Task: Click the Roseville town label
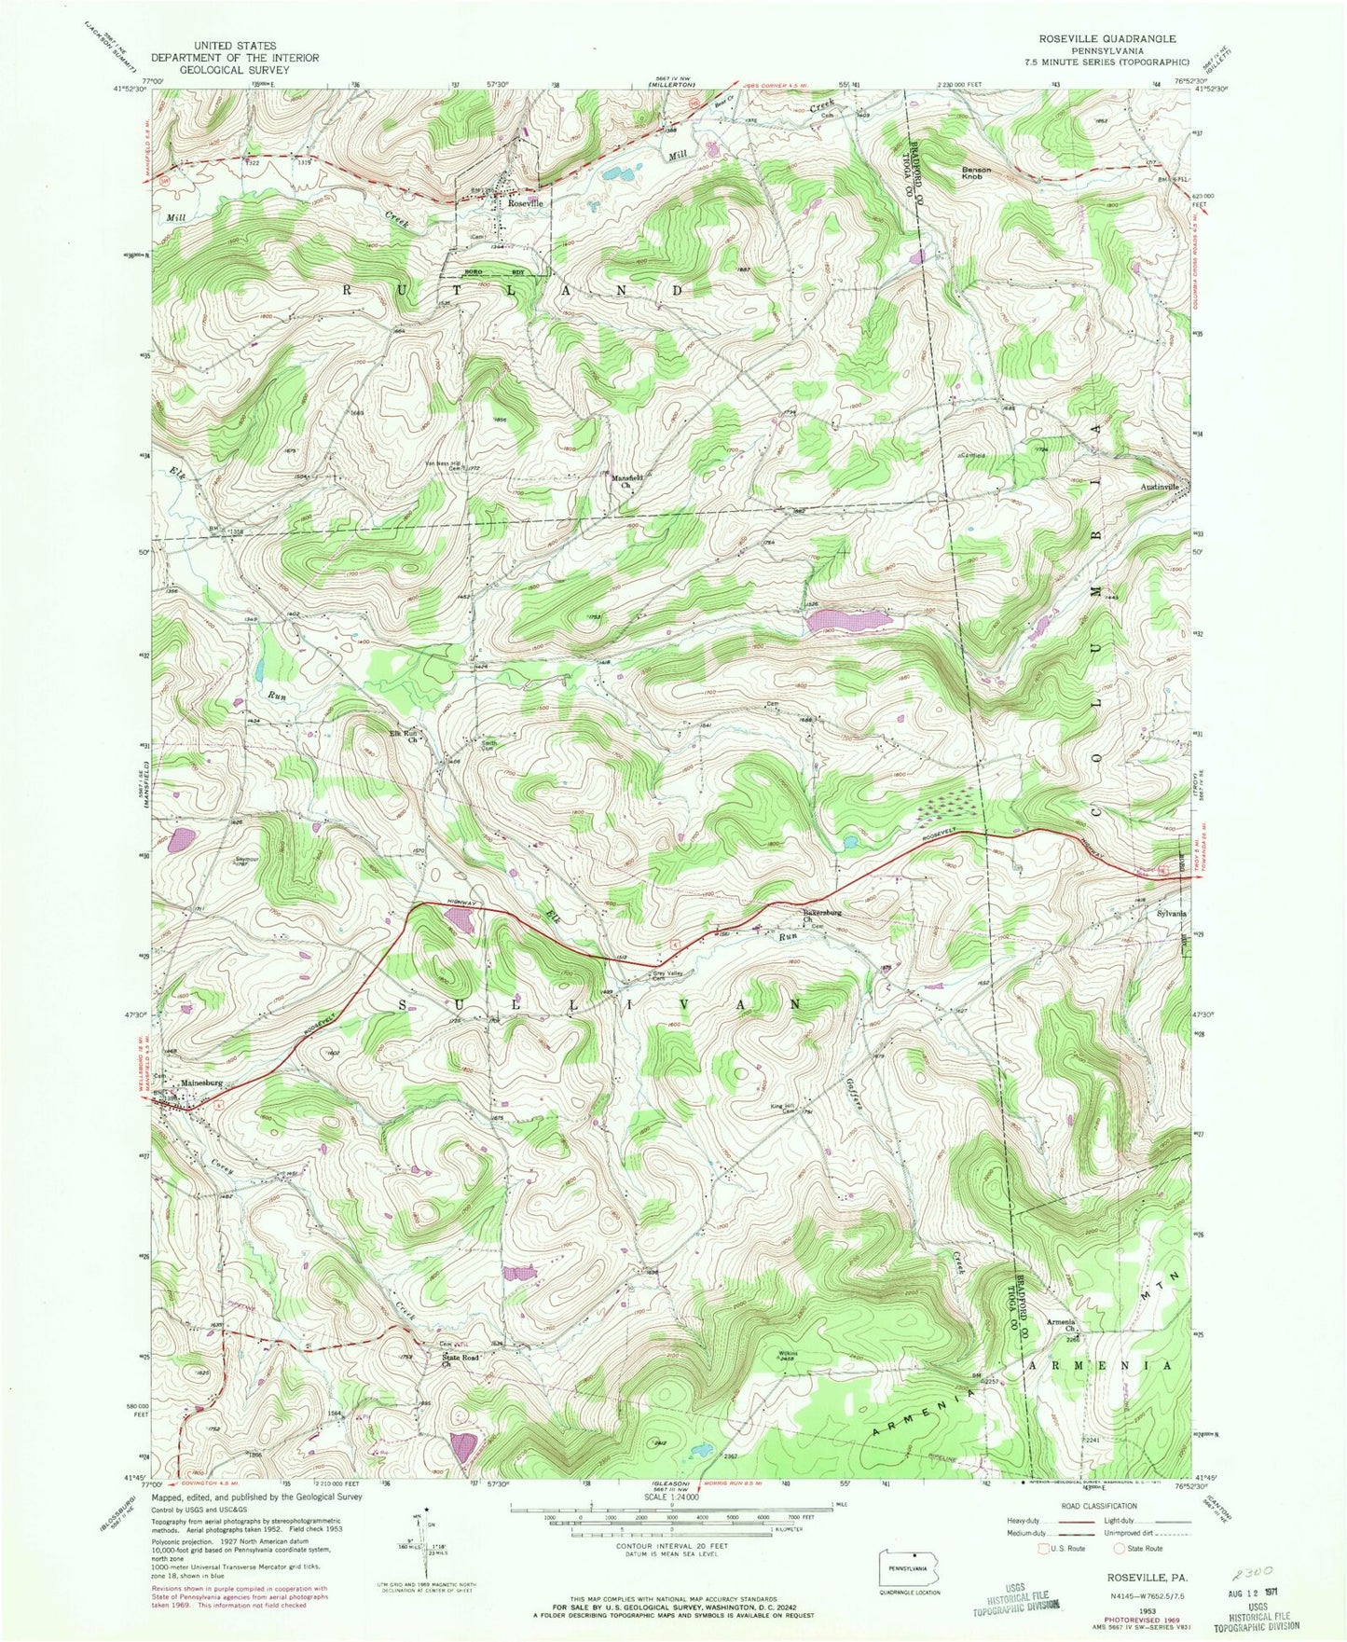pos(524,202)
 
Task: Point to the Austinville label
pos(1160,488)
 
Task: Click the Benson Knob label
pos(976,172)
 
